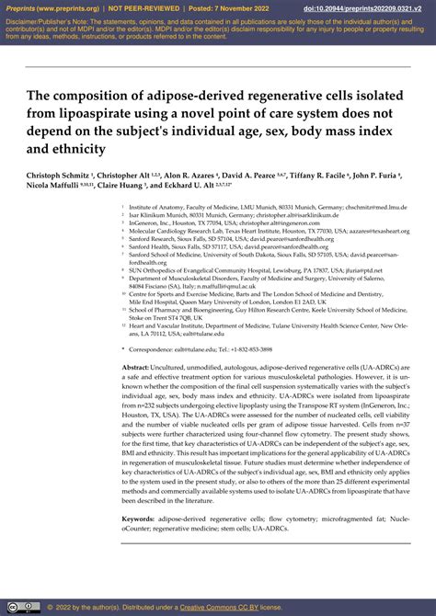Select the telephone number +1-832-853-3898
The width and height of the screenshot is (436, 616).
249,349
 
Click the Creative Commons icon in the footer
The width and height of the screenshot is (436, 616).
12,608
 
